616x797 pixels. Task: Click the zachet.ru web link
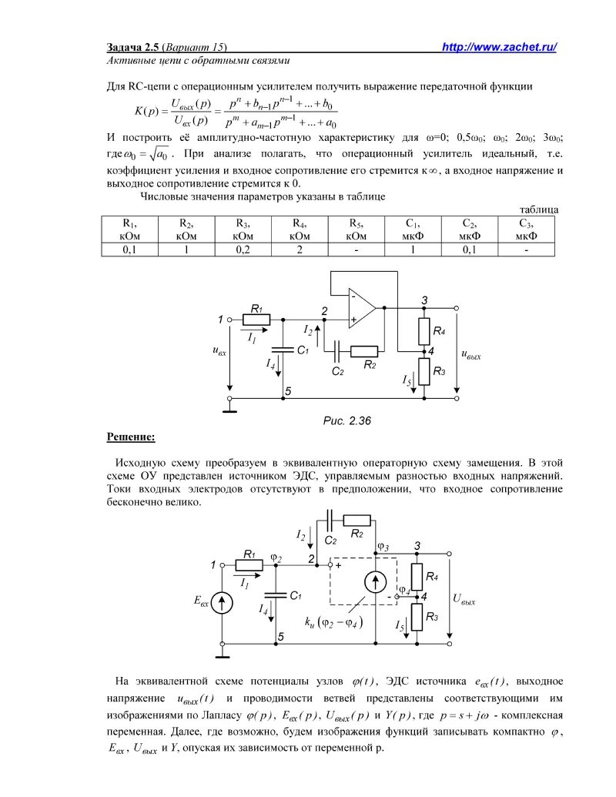tap(500, 48)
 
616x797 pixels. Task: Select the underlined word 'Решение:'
tap(130, 437)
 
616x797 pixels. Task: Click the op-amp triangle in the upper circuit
tap(361, 307)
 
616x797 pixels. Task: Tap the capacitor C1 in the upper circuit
tap(283, 350)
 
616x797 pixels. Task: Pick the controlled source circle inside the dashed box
tap(375, 584)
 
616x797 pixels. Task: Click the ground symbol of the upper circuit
tap(228, 406)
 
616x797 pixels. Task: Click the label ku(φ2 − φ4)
tap(334, 620)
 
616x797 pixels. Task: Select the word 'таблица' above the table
tap(538, 209)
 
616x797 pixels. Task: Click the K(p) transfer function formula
tap(238, 112)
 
